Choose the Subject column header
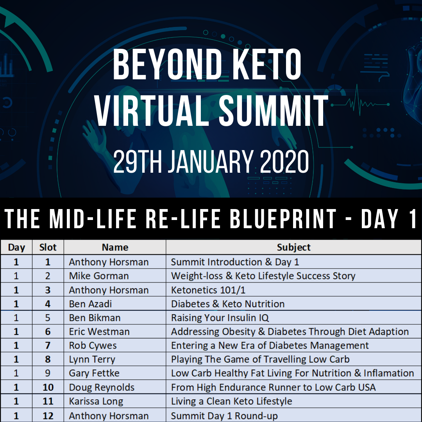tap(293, 247)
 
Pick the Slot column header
tap(48, 247)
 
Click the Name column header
tap(115, 247)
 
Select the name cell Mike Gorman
tap(99, 276)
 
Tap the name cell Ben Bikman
tap(95, 318)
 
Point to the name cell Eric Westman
tap(99, 332)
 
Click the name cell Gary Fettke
tap(94, 373)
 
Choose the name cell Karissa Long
tap(96, 401)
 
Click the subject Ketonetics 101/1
tap(208, 290)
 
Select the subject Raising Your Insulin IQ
tap(220, 318)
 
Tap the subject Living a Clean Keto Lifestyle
tap(231, 401)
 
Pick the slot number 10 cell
tap(48, 387)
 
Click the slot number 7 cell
tap(48, 345)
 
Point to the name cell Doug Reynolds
tap(102, 387)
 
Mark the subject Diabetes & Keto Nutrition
tap(228, 304)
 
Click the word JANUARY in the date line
tap(211, 161)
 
